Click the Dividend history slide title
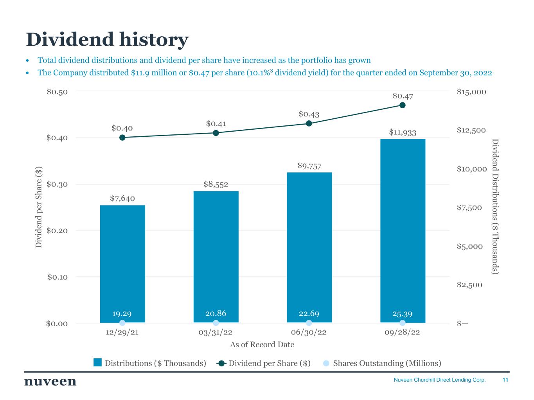pos(107,39)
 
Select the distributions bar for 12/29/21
pos(122,258)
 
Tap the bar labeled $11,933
pos(403,227)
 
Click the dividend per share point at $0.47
pos(403,105)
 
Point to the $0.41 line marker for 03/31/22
pos(216,133)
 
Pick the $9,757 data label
pos(309,166)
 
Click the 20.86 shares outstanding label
pos(216,313)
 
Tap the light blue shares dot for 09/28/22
pos(403,323)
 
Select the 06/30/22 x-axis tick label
pos(309,332)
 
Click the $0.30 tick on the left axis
pos(57,184)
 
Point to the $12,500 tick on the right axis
pos(472,130)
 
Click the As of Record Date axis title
pos(262,345)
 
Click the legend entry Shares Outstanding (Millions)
pos(387,363)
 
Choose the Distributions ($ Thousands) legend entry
pos(155,363)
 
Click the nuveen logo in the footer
pos(50,381)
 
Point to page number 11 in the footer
pos(505,380)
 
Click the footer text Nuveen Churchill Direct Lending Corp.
pos(439,380)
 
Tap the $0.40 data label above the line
pos(122,128)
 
